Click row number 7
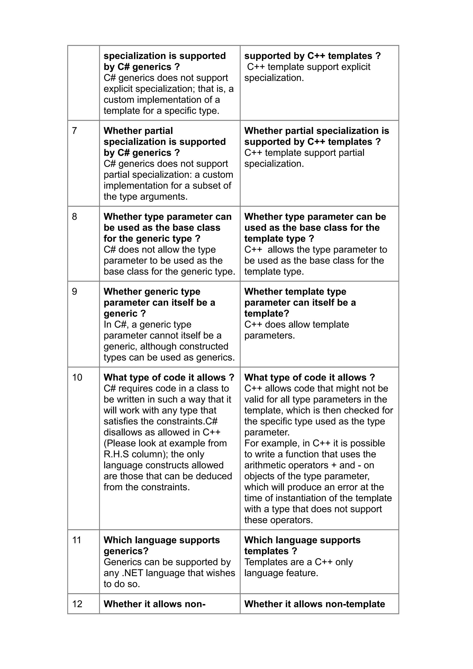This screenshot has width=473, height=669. tap(74, 131)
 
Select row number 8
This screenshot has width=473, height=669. tap(74, 217)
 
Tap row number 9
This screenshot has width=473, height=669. tap(74, 292)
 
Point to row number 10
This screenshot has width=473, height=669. tap(77, 378)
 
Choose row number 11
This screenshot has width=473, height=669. tap(76, 540)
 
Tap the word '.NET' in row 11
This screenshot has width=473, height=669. tap(133, 573)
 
